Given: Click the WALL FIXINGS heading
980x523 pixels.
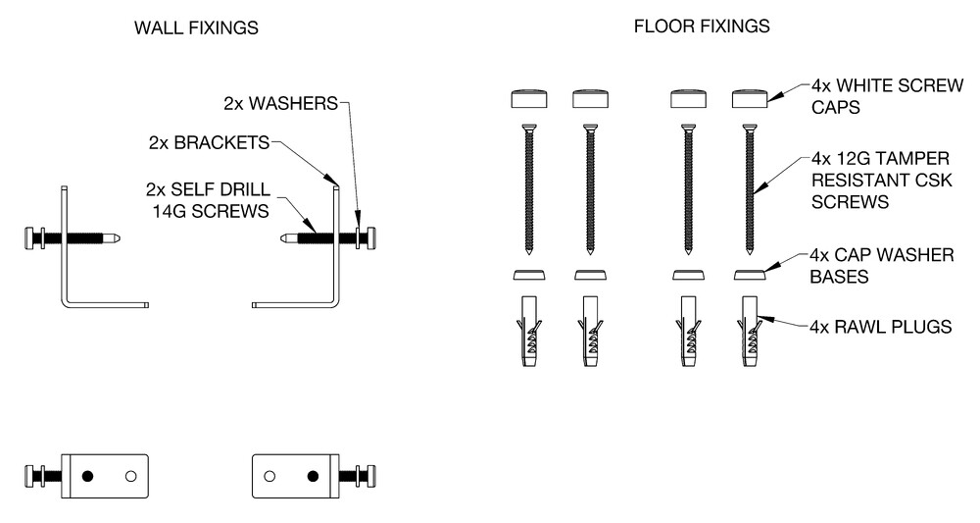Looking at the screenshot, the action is [196, 28].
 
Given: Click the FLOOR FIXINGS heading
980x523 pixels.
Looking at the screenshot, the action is [702, 26].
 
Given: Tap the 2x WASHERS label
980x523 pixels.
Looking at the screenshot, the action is [280, 103].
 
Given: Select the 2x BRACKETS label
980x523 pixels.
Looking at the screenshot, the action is [209, 142].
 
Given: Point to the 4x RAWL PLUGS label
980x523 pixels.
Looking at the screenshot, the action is [881, 327].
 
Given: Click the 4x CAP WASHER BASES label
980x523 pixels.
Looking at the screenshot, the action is [882, 266].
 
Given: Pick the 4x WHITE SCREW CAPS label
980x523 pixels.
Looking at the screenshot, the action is [888, 96].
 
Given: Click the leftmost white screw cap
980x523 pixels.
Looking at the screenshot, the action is [529, 99].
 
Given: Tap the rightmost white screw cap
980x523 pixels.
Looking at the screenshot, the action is [750, 99].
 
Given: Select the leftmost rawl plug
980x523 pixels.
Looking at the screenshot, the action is [529, 331].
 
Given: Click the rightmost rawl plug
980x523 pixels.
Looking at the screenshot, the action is [750, 331].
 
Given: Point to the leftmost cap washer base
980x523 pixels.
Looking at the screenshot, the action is [529, 275].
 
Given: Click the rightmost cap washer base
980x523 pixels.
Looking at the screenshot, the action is [750, 275].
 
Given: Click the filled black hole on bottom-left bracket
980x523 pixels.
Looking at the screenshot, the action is [87, 477].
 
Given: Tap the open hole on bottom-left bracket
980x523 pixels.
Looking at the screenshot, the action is [130, 477].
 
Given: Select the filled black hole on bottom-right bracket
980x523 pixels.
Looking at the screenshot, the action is [314, 477].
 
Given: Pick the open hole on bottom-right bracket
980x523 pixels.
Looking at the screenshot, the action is [269, 477].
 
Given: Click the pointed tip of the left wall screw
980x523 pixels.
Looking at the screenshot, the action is [121, 238].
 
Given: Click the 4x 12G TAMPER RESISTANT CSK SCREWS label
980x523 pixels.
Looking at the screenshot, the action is [881, 181].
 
